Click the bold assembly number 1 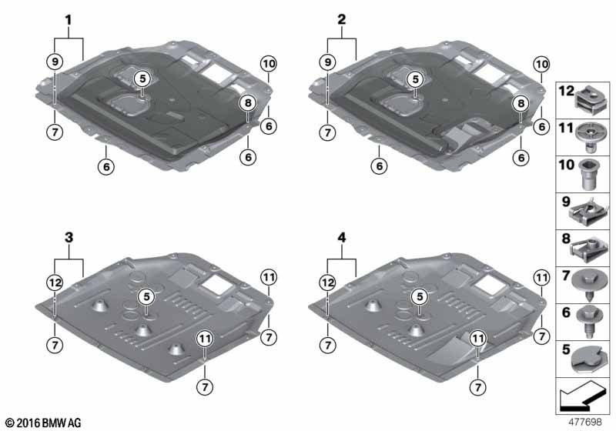click(x=69, y=20)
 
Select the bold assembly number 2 click(x=342, y=19)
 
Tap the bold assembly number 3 click(x=69, y=238)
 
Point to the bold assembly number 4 click(x=342, y=238)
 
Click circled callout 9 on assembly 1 click(x=55, y=62)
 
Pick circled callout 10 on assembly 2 click(x=542, y=64)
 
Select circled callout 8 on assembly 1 click(x=248, y=103)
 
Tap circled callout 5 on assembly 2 click(x=415, y=79)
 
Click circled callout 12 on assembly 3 click(x=55, y=282)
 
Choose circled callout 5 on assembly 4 click(x=420, y=297)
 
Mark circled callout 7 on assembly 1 click(x=55, y=132)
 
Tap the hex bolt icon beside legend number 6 click(x=588, y=322)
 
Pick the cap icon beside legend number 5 click(x=587, y=359)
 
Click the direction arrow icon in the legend click(x=582, y=396)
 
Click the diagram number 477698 click(x=585, y=422)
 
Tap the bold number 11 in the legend click(x=566, y=128)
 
